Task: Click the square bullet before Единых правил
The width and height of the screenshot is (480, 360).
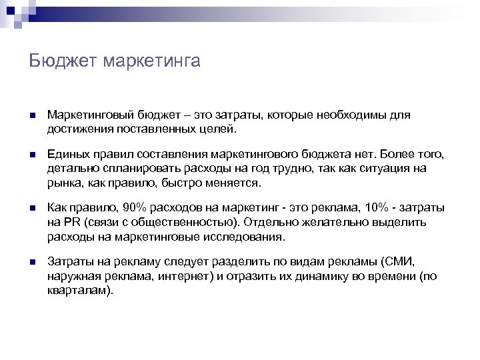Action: pyautogui.click(x=33, y=156)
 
